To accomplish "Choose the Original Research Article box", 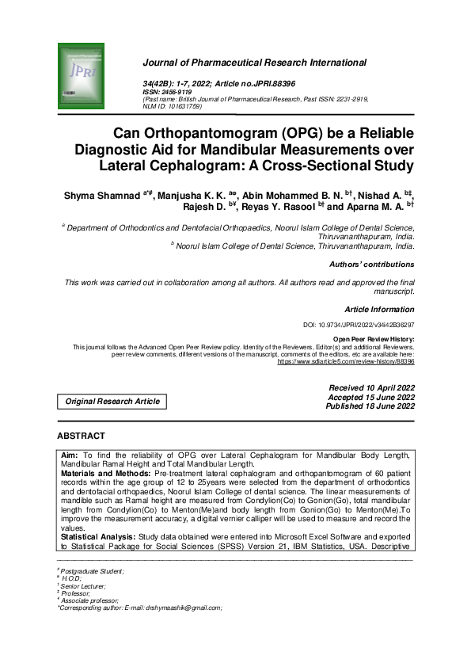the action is click(112, 402).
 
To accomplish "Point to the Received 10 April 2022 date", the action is click(371, 387).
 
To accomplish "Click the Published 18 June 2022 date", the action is click(370, 406).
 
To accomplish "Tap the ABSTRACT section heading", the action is click(81, 436).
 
